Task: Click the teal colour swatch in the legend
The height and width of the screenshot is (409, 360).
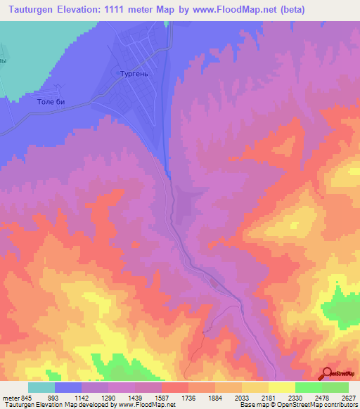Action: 41,387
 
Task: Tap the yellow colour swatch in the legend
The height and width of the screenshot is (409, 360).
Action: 281,387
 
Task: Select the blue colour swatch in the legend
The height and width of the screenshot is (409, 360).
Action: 68,387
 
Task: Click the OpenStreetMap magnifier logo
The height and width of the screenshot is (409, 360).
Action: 327,372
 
